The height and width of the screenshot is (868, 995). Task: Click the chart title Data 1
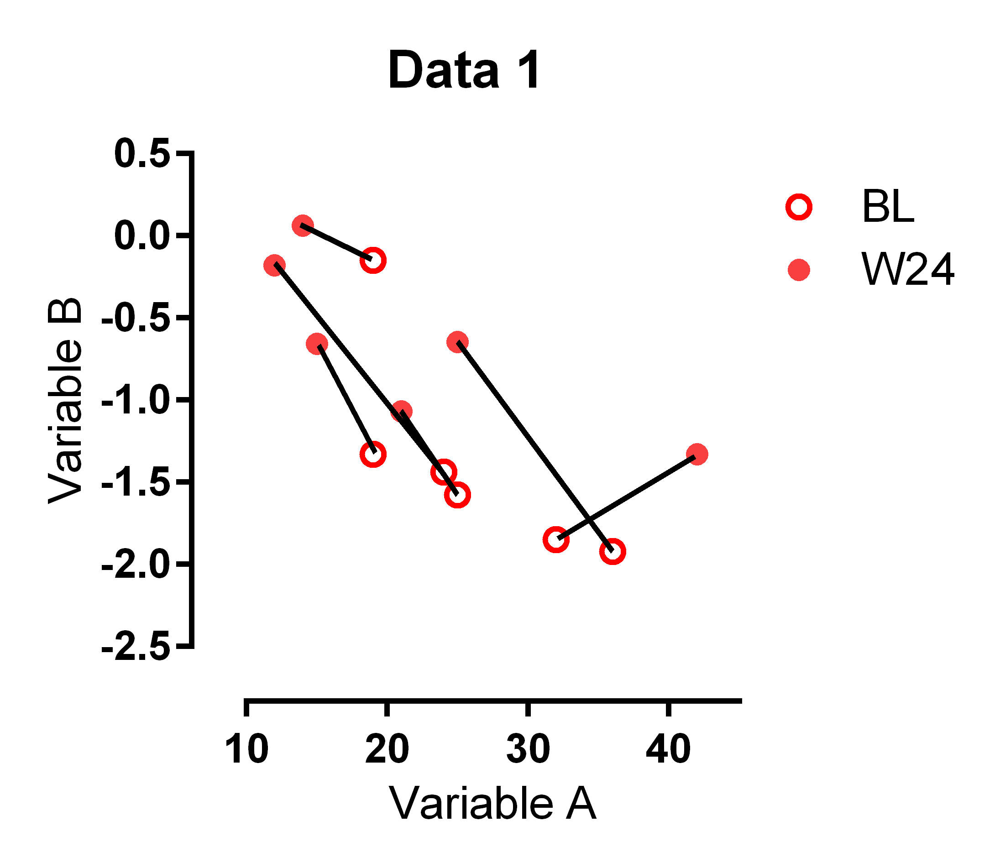click(464, 71)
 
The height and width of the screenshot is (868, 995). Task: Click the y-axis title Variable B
click(65, 400)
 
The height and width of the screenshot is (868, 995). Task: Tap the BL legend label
click(887, 207)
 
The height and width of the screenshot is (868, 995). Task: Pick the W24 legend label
click(907, 270)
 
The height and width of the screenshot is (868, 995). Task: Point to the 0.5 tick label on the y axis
click(142, 153)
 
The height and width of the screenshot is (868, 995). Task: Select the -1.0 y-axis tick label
click(136, 400)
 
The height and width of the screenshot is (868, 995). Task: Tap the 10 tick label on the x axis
click(246, 749)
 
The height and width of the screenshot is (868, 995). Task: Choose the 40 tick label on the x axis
click(668, 749)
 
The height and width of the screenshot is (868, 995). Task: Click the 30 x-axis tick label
click(528, 749)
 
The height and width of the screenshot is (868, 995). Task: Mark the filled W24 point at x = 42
click(696, 455)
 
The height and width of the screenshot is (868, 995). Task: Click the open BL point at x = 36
click(613, 552)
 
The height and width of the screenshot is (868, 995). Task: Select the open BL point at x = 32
click(555, 539)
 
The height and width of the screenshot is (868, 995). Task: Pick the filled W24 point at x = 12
click(274, 266)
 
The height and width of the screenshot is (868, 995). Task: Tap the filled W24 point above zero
click(302, 226)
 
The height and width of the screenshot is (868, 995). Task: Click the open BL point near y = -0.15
click(372, 261)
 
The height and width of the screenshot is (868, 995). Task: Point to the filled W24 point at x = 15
click(317, 344)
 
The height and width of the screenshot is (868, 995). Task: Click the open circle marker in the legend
click(799, 207)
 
